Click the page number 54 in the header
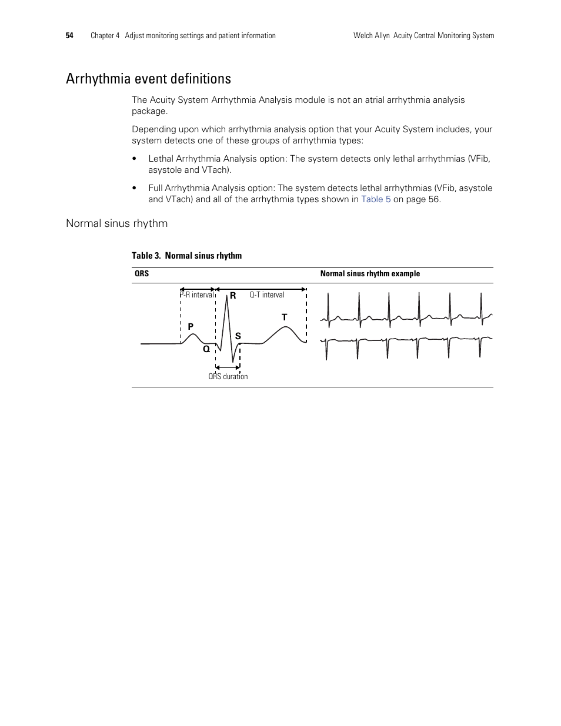[x=69, y=36]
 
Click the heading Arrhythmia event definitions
[x=148, y=79]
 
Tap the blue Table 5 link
[x=375, y=199]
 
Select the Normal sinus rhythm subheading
[x=116, y=223]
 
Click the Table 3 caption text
[x=186, y=256]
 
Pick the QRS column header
[x=142, y=274]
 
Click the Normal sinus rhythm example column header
[x=370, y=274]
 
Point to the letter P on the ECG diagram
[x=191, y=326]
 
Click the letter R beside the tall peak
[x=233, y=296]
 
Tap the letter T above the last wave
[x=284, y=317]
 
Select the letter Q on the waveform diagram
[x=206, y=349]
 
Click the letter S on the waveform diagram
[x=238, y=336]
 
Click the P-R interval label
[x=198, y=295]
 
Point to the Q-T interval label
[x=266, y=295]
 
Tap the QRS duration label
[x=228, y=377]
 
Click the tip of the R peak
[x=226, y=290]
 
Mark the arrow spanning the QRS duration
[x=228, y=368]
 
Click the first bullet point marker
[x=135, y=159]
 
